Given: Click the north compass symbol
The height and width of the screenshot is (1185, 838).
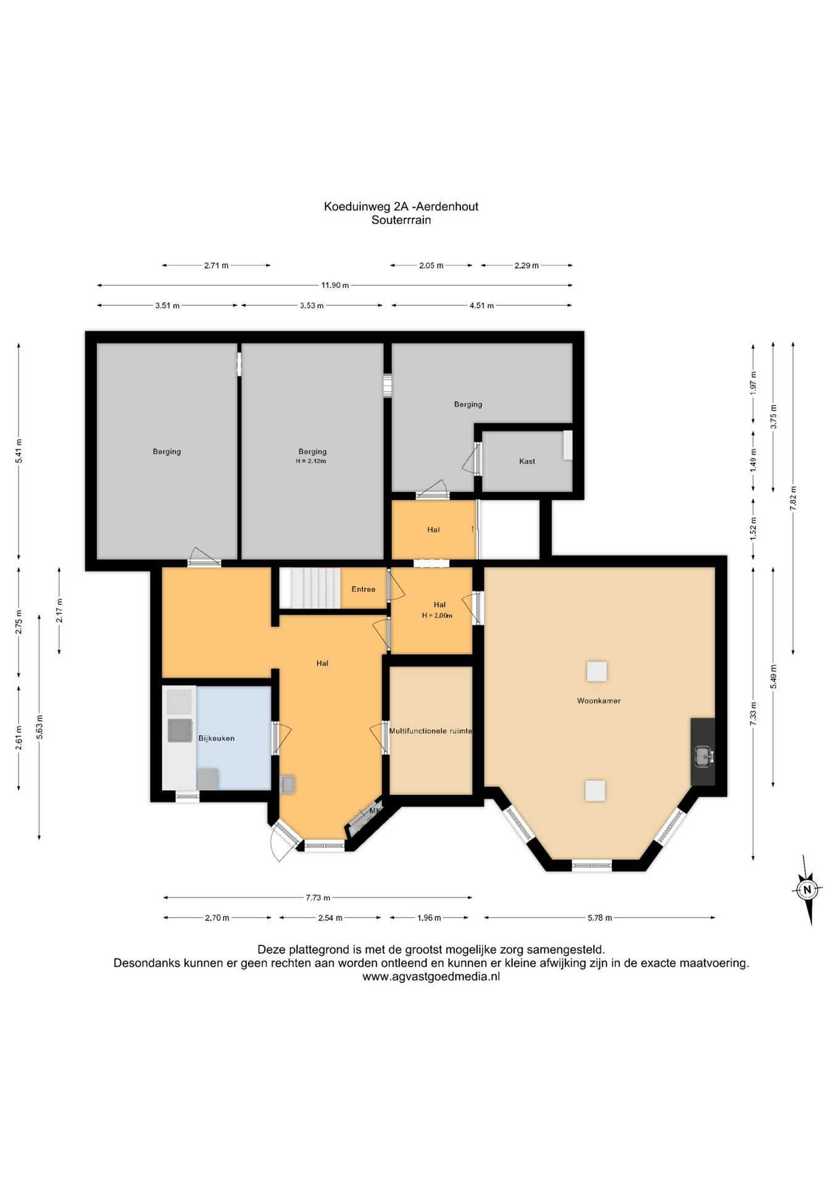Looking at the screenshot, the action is coord(807,889).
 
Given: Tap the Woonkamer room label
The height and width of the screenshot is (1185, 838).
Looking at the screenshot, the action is coord(599,701).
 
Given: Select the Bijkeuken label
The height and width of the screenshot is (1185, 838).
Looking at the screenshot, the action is coord(216,738).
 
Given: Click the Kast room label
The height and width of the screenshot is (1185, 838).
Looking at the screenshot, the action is coord(527,461).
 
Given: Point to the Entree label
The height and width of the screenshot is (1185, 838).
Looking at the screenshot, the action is coord(363,589).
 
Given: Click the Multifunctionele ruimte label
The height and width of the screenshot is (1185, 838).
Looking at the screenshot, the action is coord(431,731).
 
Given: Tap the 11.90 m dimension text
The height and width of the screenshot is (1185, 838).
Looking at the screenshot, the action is coord(334,285).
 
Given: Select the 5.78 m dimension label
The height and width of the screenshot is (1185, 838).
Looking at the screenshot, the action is coord(599,918).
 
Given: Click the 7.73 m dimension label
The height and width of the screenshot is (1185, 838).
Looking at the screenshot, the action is coord(318,897).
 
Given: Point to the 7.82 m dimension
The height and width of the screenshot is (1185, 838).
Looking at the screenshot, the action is coord(793,497).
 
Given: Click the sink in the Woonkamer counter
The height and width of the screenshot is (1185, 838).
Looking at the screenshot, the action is coord(703,755).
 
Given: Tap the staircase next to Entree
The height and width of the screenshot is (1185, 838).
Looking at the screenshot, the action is coord(310,588).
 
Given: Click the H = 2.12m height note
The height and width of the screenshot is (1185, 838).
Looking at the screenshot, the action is coord(312,461).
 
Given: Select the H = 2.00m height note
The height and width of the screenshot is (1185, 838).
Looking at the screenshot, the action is coord(438,615).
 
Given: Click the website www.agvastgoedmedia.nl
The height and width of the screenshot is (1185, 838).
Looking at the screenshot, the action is coord(431,976).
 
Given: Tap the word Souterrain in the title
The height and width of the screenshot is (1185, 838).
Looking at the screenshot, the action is coord(401,220).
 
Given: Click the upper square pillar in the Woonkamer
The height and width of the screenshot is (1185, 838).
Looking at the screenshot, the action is coord(597,671).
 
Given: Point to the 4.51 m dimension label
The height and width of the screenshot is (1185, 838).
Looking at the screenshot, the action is coord(481,306).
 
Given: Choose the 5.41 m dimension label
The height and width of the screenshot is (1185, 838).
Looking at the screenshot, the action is coord(19,451).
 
